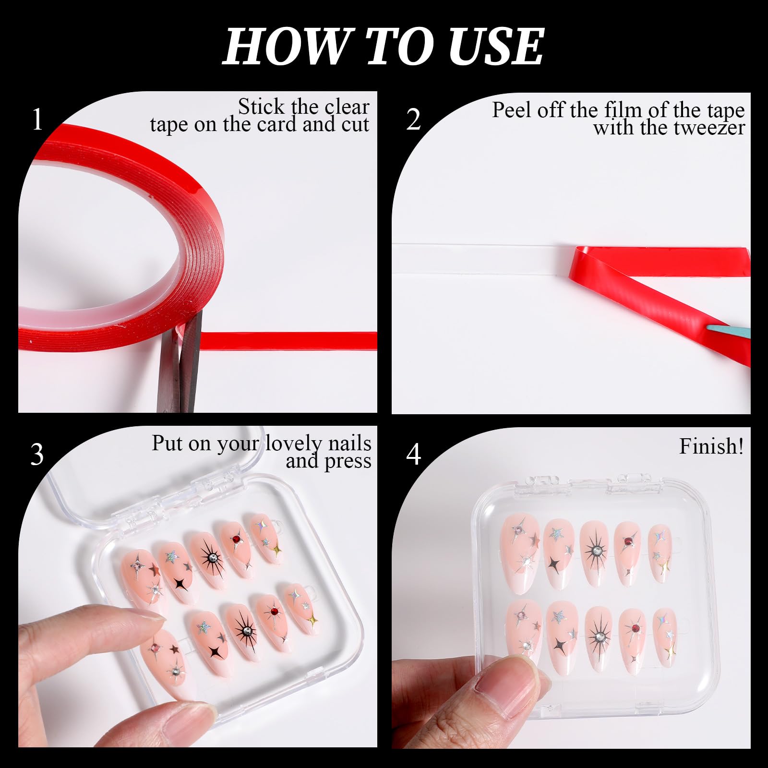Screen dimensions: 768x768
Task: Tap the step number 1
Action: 37,120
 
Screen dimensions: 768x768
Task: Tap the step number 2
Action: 413,120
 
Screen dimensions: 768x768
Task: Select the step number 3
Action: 37,454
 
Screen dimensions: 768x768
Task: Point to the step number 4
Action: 414,454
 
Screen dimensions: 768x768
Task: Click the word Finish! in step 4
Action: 711,446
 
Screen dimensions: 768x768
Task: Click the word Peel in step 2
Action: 513,110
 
